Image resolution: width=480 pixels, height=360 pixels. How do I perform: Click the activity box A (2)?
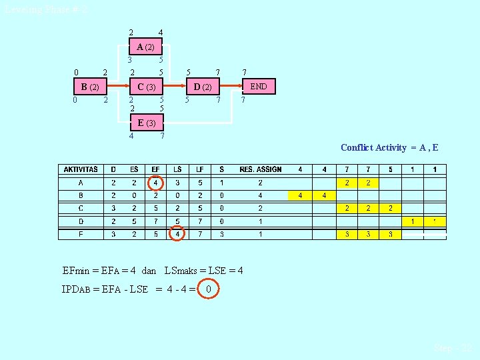pyautogui.click(x=145, y=47)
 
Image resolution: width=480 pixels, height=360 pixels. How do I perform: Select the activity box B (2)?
pyautogui.click(x=89, y=87)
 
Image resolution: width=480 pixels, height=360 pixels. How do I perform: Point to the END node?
pyautogui.click(x=259, y=87)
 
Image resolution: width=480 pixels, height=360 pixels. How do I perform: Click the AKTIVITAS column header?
pyautogui.click(x=81, y=169)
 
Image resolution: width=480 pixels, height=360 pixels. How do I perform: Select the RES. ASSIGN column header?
pyautogui.click(x=261, y=169)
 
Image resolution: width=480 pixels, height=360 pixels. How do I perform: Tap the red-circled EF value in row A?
pyautogui.click(x=155, y=182)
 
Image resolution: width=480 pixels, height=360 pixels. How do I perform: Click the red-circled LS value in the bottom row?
pyautogui.click(x=177, y=234)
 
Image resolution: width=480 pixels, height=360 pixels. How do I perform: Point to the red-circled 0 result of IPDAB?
pyautogui.click(x=209, y=289)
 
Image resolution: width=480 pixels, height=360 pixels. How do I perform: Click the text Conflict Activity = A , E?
pyautogui.click(x=389, y=147)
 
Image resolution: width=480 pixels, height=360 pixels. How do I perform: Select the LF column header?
pyautogui.click(x=200, y=169)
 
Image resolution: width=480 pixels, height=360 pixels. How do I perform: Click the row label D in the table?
pyautogui.click(x=81, y=221)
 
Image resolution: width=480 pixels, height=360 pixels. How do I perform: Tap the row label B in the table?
pyautogui.click(x=81, y=195)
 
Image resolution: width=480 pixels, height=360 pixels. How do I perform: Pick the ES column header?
pyautogui.click(x=134, y=169)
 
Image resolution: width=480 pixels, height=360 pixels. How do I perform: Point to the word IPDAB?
pyautogui.click(x=77, y=289)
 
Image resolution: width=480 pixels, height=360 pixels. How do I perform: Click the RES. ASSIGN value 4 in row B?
pyautogui.click(x=261, y=195)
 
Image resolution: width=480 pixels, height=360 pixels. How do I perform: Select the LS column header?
pyautogui.click(x=177, y=169)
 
